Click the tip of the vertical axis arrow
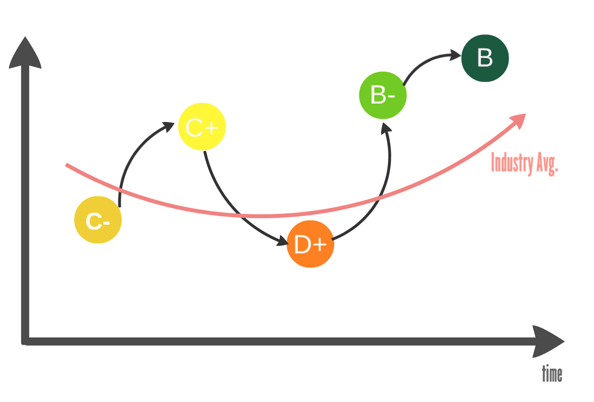coord(25,37)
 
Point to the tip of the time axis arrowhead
coord(564,342)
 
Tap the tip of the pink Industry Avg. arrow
coord(526,114)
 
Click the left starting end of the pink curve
coord(67,165)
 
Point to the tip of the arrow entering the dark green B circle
coord(461,56)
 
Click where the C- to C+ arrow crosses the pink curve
coord(120,190)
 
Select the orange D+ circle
coord(310,244)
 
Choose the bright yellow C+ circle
coord(202,127)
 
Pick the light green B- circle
coord(383,95)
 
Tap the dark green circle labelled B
coord(485,58)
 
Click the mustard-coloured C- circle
coord(98,220)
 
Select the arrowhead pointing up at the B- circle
coord(386,128)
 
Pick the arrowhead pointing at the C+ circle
coord(169,126)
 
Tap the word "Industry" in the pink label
coord(512,163)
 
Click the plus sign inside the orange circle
coord(320,245)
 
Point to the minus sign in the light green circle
coord(391,96)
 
